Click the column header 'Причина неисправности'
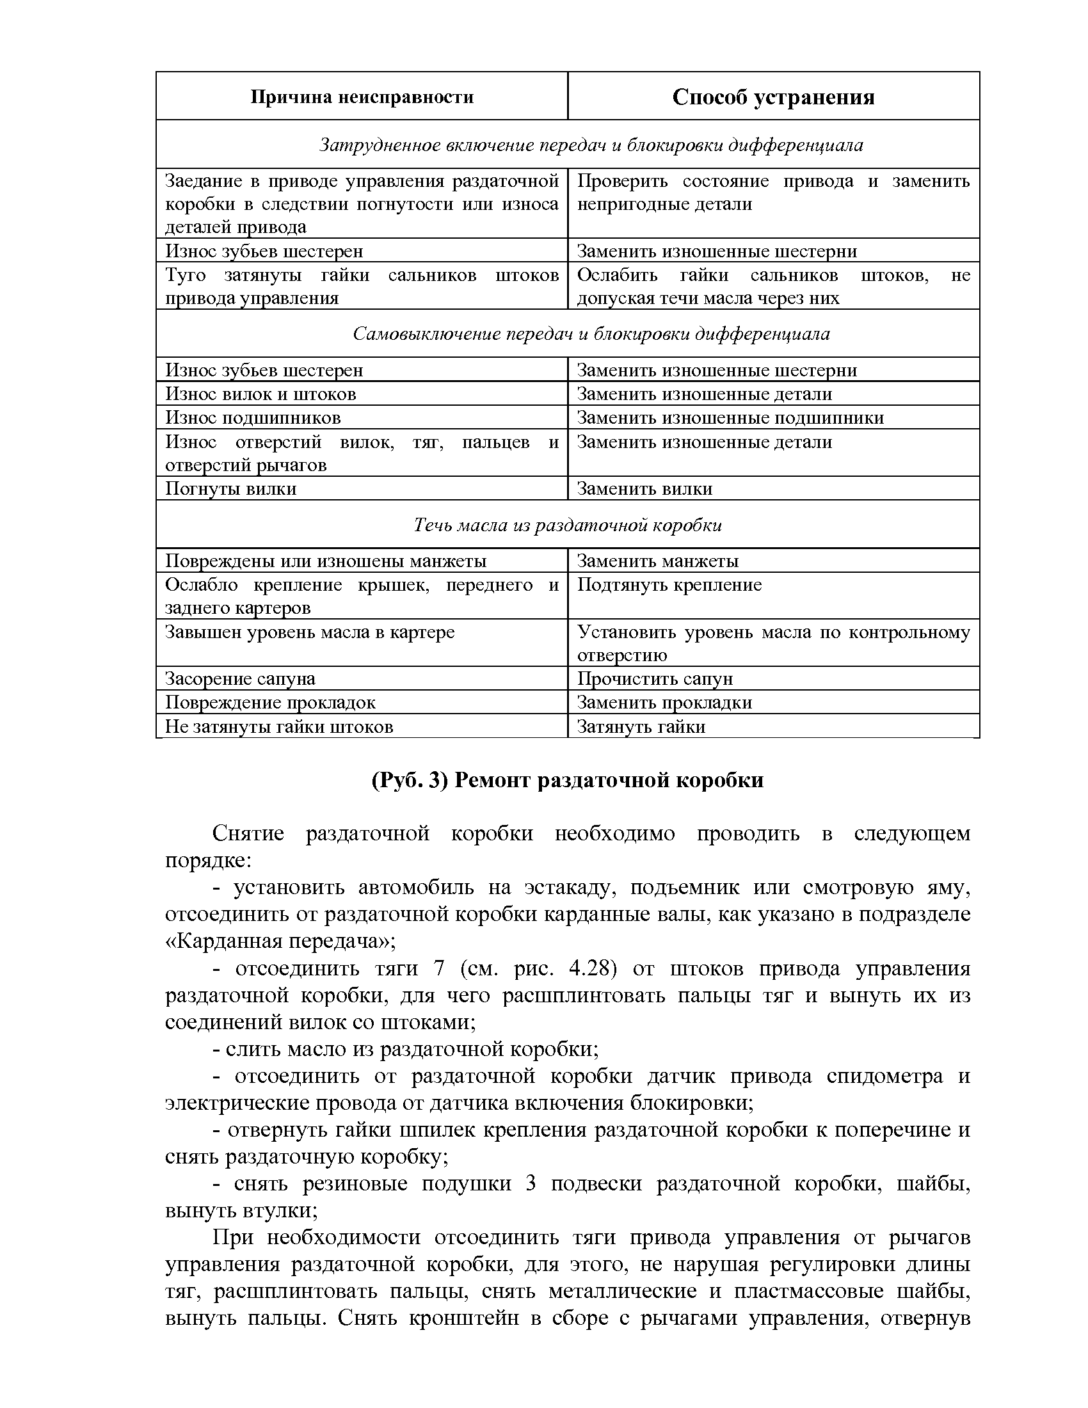pos(362,97)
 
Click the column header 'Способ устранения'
pos(773,97)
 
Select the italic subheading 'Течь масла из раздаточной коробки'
pos(567,525)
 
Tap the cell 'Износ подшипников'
pos(253,418)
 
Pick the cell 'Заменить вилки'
pos(644,489)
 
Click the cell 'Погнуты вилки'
pos(231,489)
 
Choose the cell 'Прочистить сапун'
pos(655,679)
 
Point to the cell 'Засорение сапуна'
pos(240,679)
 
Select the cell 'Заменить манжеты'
pos(657,561)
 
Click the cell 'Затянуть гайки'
pos(641,727)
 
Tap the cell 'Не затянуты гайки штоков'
pos(278,727)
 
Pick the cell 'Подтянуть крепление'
pos(669,585)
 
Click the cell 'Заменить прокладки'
pos(664,703)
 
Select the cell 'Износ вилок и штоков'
pos(260,394)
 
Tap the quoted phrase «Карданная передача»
pos(280,942)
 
